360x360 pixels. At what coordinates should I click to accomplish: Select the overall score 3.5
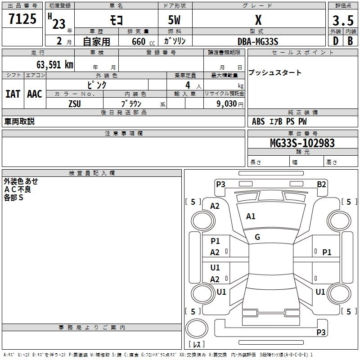[342, 20]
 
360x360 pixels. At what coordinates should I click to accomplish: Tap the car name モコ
[116, 20]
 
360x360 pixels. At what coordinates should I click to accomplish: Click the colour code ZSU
[75, 103]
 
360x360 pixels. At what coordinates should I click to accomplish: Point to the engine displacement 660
[139, 41]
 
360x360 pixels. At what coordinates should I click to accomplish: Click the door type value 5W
[175, 20]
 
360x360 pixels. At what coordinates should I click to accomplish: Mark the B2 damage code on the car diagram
[321, 184]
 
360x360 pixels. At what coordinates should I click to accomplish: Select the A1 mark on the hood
[251, 216]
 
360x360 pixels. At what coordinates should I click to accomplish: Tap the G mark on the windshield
[257, 237]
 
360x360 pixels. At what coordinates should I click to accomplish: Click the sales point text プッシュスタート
[275, 73]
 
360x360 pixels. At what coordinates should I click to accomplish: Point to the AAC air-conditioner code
[35, 94]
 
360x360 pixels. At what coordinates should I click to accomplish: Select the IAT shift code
[13, 94]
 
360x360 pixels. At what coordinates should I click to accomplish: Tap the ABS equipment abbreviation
[258, 121]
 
